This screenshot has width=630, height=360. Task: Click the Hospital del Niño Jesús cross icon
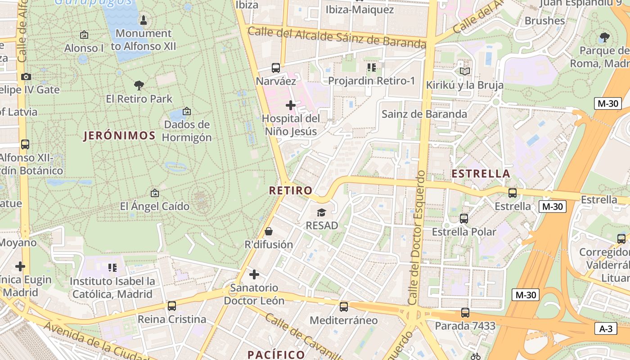click(x=291, y=105)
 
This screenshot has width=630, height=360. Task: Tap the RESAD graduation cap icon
click(x=321, y=212)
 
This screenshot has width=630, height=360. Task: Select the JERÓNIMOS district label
click(x=120, y=135)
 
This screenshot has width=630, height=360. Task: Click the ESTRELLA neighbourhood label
click(x=481, y=174)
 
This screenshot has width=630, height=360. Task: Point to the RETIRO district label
click(x=291, y=190)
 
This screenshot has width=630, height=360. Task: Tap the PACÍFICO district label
click(x=276, y=355)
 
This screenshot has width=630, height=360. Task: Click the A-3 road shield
click(x=606, y=328)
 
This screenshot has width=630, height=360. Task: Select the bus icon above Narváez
click(x=276, y=68)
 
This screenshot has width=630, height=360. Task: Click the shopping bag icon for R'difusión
click(x=269, y=231)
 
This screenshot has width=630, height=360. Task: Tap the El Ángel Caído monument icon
click(x=155, y=193)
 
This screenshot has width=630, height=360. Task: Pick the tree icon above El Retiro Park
click(x=139, y=85)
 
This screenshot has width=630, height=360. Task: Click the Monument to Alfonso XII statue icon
click(x=144, y=20)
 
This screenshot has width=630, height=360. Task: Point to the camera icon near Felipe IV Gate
click(x=26, y=76)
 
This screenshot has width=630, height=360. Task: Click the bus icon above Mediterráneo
click(x=344, y=307)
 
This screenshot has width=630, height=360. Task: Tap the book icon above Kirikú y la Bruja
click(x=465, y=71)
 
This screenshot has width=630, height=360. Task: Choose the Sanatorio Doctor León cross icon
click(x=254, y=274)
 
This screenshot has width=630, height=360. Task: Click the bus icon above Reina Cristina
click(x=172, y=306)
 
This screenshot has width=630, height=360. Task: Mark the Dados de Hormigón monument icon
click(x=187, y=111)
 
